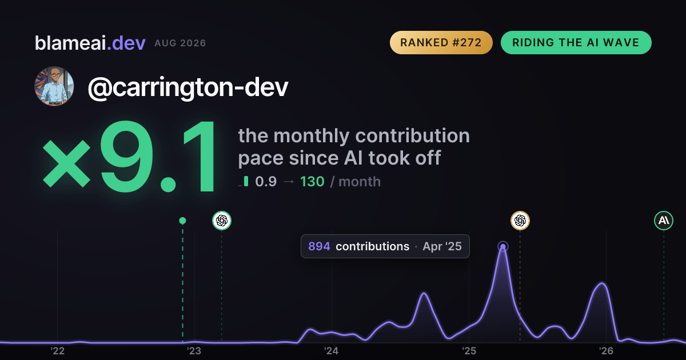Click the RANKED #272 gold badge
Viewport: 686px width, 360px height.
441,42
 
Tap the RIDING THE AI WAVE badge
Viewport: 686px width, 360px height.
576,42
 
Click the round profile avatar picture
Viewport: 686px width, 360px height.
54,86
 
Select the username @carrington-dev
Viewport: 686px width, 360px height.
188,87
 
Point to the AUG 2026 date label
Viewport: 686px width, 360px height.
180,43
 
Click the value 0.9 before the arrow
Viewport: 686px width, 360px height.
266,182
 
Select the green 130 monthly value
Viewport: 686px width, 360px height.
312,182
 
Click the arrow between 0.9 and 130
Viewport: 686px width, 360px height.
289,182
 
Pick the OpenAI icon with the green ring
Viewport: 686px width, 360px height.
222,221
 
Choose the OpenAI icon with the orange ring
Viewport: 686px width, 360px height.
520,221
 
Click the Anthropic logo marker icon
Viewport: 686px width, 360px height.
664,221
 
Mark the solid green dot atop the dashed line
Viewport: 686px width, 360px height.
182,221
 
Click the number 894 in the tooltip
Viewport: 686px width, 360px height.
319,246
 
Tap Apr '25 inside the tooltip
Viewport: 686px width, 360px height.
442,246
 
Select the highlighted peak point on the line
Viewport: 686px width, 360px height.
503,246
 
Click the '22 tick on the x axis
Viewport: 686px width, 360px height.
57,351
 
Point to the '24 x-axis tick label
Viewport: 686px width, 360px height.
332,351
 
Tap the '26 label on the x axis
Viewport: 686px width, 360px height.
606,351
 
